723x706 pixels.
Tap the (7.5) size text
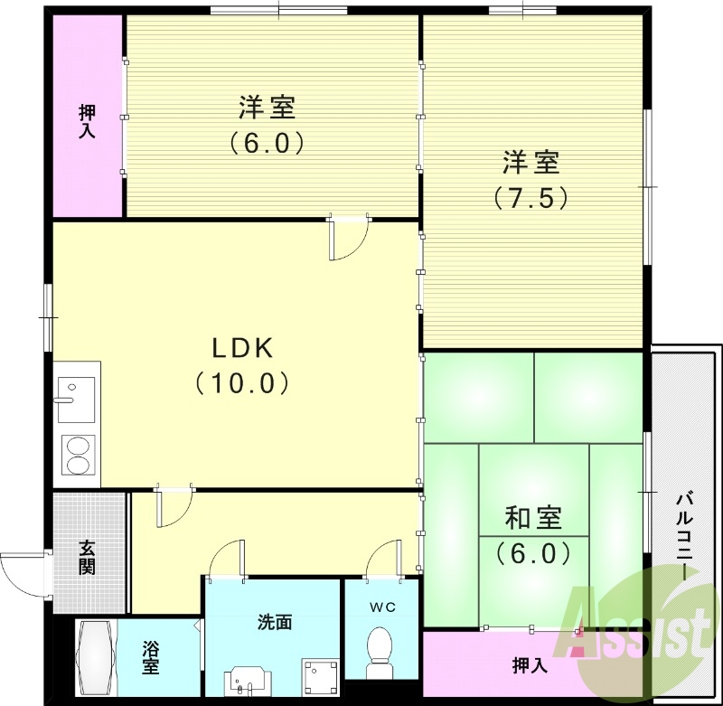[x=531, y=197]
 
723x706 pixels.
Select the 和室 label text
[x=533, y=518]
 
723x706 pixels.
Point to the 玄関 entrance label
[x=87, y=557]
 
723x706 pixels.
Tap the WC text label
[x=380, y=607]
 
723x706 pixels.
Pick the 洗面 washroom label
[x=274, y=622]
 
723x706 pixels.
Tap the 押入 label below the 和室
[x=530, y=666]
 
